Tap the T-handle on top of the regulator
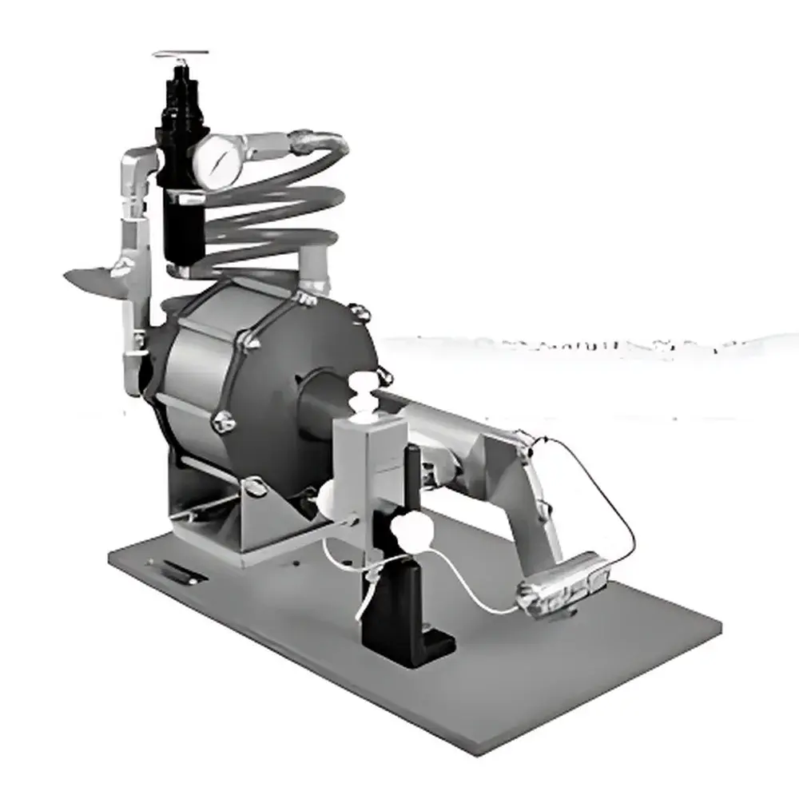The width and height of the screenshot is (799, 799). [x=181, y=55]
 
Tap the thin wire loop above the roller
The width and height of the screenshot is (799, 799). [x=599, y=487]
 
